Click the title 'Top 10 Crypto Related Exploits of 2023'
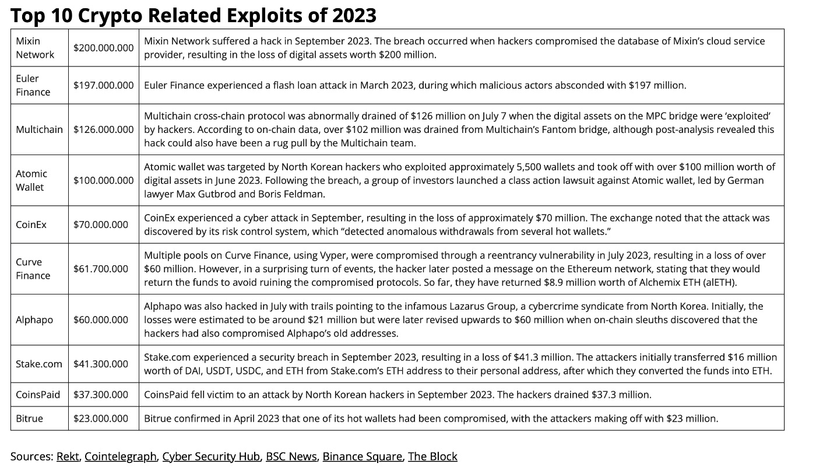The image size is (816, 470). (x=193, y=15)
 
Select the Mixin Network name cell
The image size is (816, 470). (x=35, y=48)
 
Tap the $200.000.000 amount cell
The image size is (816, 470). (x=104, y=48)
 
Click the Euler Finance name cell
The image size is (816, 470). (x=33, y=85)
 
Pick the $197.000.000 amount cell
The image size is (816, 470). (x=104, y=85)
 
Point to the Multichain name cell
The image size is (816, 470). (x=39, y=129)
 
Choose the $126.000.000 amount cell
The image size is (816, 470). (x=104, y=129)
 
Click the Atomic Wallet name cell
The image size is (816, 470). (x=31, y=180)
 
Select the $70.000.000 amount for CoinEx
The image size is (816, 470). (x=101, y=225)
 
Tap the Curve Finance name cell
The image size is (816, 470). (x=33, y=269)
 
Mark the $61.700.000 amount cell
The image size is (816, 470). (x=101, y=269)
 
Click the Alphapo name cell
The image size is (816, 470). (x=34, y=320)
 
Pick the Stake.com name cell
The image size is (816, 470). (x=39, y=364)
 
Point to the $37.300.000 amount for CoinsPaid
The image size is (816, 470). (x=101, y=395)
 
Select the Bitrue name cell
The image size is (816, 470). (x=29, y=419)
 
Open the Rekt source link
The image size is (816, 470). (x=68, y=457)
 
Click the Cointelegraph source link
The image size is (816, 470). (x=121, y=457)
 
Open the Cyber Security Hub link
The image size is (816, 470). (x=211, y=457)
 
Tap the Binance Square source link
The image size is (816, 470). (x=362, y=457)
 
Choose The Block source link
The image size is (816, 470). (x=432, y=457)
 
